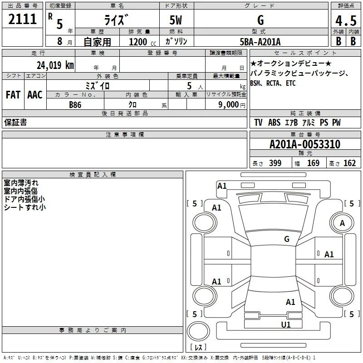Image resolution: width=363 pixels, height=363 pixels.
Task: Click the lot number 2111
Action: point(22,19)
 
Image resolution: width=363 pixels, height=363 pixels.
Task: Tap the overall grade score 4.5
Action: point(346,20)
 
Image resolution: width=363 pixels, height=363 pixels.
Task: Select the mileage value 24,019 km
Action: point(55,65)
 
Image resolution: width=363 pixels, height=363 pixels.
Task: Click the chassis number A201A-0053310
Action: point(305,144)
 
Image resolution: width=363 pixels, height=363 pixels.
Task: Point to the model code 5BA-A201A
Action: point(260,42)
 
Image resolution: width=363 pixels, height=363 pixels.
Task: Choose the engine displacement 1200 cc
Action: point(142,42)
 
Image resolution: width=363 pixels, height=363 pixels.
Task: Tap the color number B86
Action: point(75,105)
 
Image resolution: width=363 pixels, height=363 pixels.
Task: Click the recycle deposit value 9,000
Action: point(229,105)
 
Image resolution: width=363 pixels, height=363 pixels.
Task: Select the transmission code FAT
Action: point(13,95)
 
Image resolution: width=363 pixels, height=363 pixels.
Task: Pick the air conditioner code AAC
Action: point(35,95)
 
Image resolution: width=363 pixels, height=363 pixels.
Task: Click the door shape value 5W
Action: point(176,20)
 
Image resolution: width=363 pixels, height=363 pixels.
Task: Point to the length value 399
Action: point(275,163)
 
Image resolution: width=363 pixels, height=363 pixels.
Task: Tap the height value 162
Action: point(349,163)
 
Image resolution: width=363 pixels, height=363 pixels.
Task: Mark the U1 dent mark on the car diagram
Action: point(286,325)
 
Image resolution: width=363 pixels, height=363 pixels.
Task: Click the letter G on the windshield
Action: point(287,239)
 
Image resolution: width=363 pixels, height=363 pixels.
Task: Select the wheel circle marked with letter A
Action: point(342,223)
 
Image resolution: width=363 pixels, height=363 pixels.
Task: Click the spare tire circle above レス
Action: point(198,331)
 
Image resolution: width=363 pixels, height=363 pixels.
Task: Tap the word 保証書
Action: point(15,122)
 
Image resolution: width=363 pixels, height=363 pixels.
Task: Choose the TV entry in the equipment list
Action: point(258,123)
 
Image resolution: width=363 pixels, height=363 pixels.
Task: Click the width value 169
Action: point(313,163)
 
